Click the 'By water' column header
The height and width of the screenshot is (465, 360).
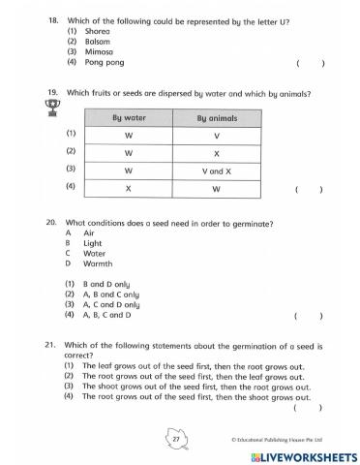tap(129, 118)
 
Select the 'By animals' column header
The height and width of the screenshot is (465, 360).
tap(216, 118)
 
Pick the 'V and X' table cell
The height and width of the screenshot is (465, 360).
tap(217, 170)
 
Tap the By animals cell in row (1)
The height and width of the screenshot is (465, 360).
tap(217, 135)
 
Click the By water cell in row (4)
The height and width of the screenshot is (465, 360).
tap(129, 187)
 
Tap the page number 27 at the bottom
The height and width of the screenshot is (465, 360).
tap(177, 438)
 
